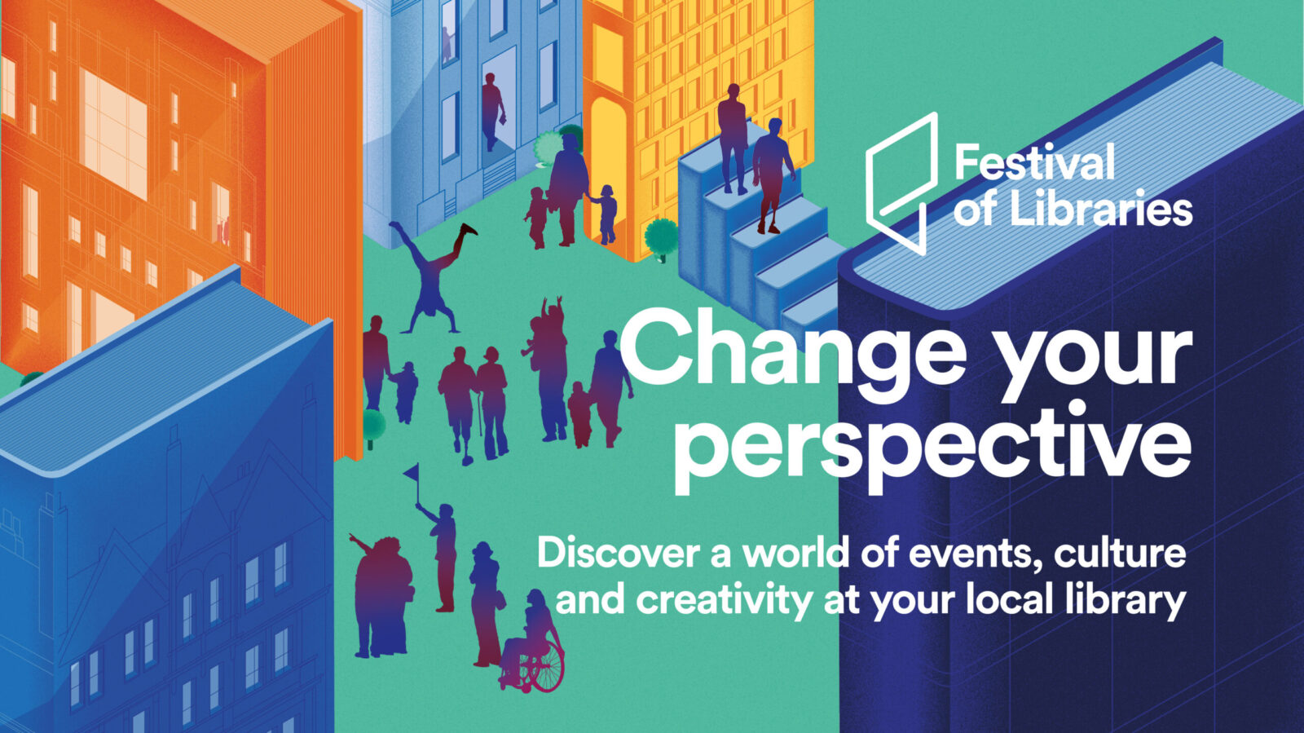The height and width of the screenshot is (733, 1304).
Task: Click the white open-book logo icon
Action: [x=901, y=183]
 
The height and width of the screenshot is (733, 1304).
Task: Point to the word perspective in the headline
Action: [x=932, y=447]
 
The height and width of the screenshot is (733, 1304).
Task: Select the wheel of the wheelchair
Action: [x=546, y=667]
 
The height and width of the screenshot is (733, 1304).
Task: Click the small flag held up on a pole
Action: [x=411, y=470]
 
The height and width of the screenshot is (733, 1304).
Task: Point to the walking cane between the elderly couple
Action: [x=480, y=414]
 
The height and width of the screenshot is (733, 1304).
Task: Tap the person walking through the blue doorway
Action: [x=492, y=111]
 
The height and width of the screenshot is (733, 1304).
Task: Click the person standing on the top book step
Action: [x=733, y=138]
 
